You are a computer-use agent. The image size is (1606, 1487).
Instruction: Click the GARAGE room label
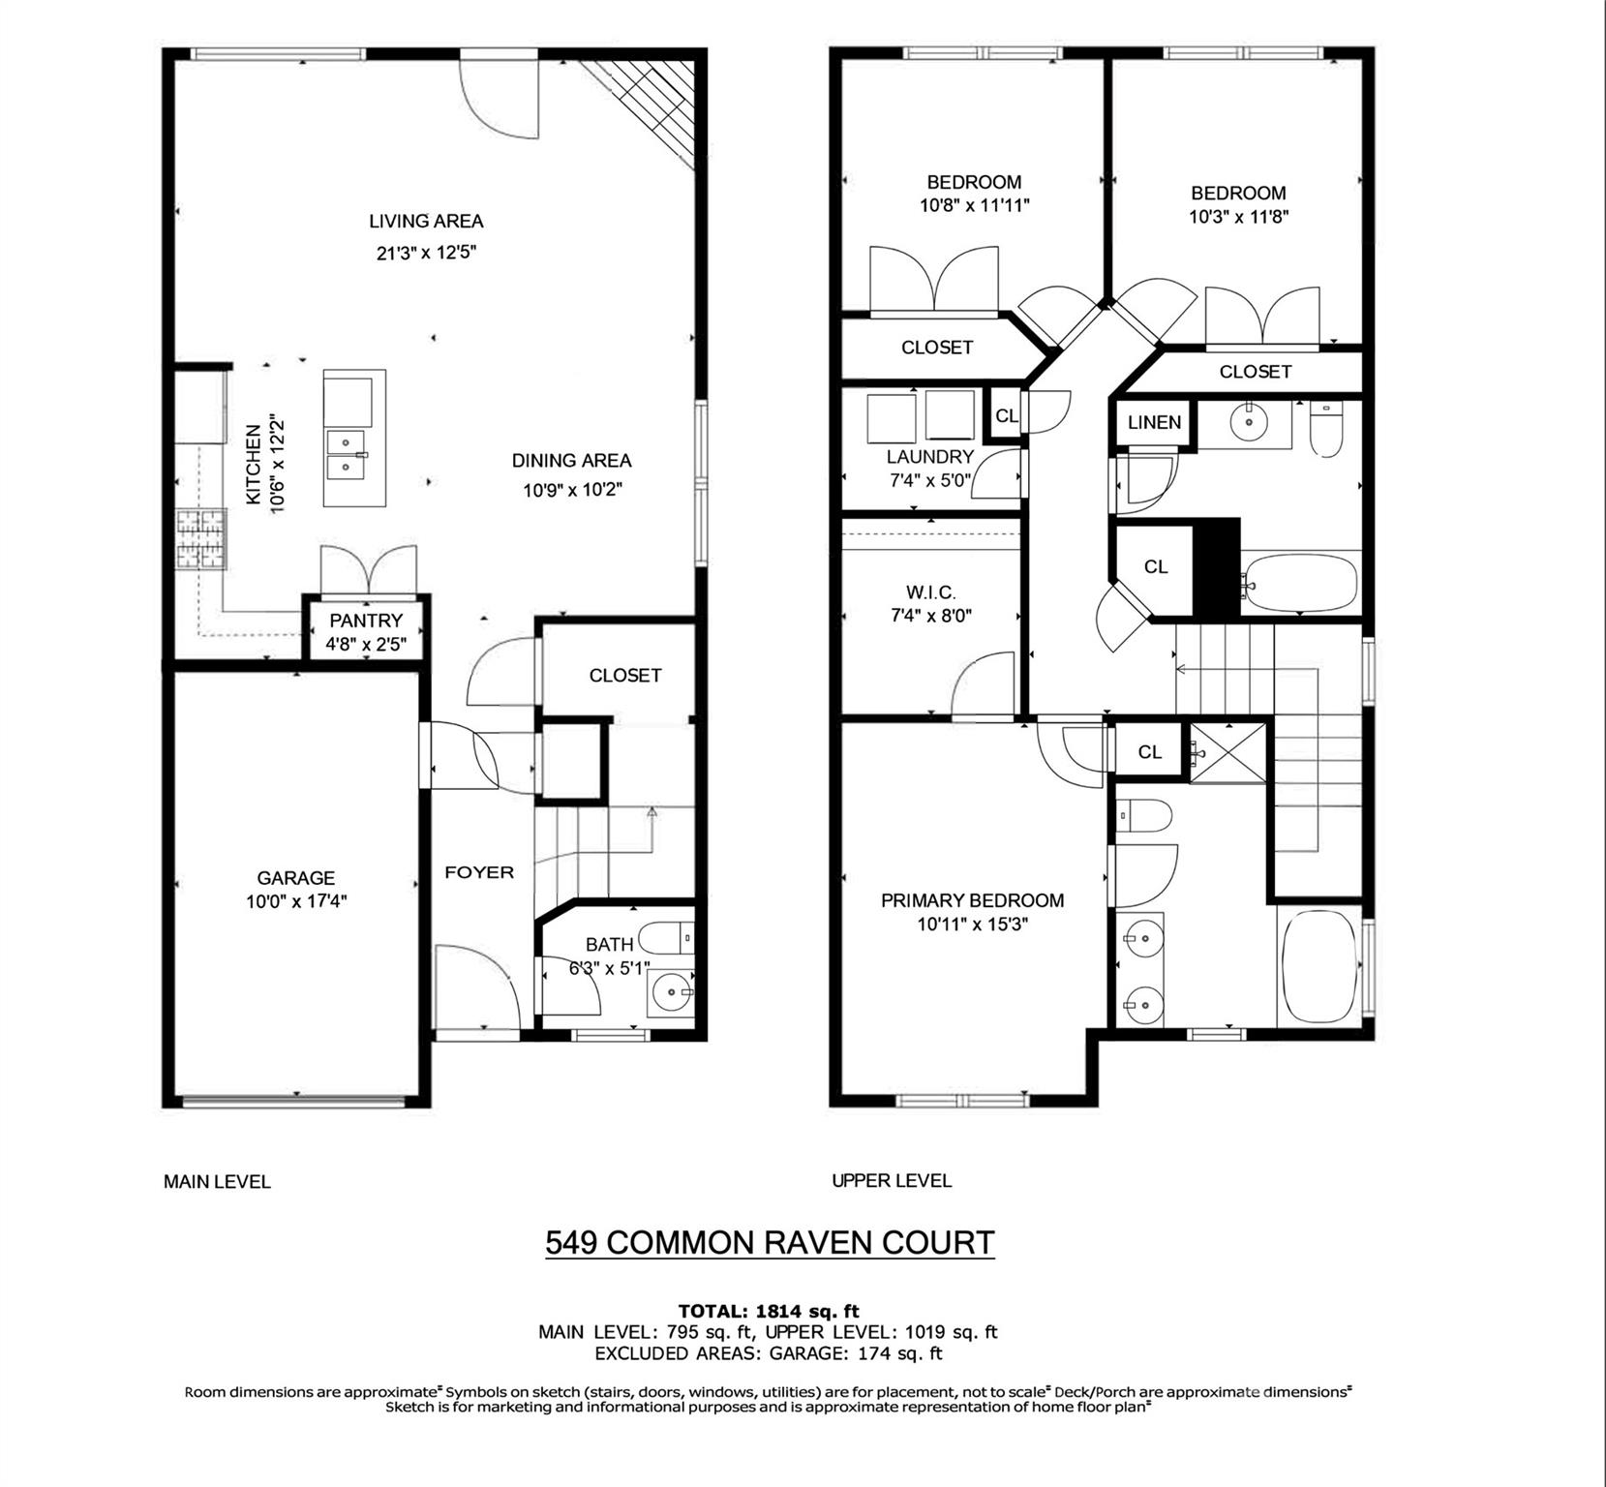pyautogui.click(x=295, y=878)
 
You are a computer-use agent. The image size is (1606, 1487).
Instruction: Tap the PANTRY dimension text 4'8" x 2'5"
pyautogui.click(x=365, y=644)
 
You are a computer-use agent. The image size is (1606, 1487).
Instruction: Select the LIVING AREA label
pyautogui.click(x=426, y=221)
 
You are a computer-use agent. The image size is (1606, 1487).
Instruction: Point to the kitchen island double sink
pyautogui.click(x=348, y=454)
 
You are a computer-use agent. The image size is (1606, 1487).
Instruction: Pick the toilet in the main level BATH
pyautogui.click(x=668, y=937)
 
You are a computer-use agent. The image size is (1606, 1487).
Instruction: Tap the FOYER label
pyautogui.click(x=479, y=872)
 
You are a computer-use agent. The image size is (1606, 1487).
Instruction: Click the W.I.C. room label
pyautogui.click(x=930, y=592)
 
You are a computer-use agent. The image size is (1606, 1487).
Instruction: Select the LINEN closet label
pyautogui.click(x=1154, y=422)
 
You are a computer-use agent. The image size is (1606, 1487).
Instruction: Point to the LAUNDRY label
pyautogui.click(x=929, y=457)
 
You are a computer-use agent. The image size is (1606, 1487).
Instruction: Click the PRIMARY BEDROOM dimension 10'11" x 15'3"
pyautogui.click(x=972, y=925)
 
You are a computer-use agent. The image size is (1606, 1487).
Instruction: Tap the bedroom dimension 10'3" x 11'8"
pyautogui.click(x=1238, y=217)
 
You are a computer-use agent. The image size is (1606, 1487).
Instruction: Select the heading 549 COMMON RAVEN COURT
pyautogui.click(x=770, y=1242)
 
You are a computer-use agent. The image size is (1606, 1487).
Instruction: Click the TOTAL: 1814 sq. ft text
pyautogui.click(x=769, y=1312)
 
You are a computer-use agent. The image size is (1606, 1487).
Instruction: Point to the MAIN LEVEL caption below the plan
pyautogui.click(x=217, y=1181)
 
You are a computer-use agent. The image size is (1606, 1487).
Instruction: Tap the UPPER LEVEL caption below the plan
pyautogui.click(x=892, y=1180)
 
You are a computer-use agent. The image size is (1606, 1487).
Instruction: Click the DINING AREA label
pyautogui.click(x=571, y=461)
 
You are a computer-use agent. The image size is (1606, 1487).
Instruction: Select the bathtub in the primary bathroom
pyautogui.click(x=1318, y=966)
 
